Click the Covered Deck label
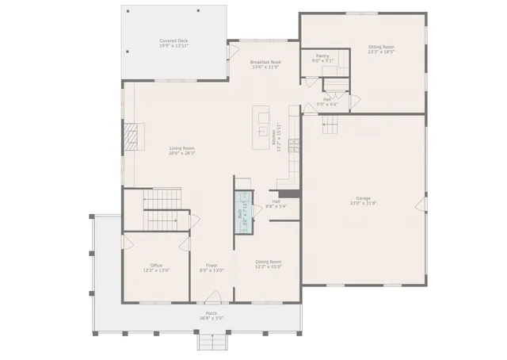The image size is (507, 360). click(x=173, y=40)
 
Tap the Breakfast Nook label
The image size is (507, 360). click(x=265, y=62)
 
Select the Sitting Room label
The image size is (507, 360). click(x=381, y=47)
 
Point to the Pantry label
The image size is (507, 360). click(x=322, y=56)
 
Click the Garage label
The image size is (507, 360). click(x=364, y=198)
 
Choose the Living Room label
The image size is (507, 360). click(x=182, y=148)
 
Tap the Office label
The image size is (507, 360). click(x=156, y=266)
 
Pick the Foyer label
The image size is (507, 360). click(x=212, y=266)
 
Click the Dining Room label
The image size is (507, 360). click(x=268, y=262)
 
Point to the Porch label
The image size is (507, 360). click(x=212, y=313)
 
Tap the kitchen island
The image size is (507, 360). click(x=261, y=126)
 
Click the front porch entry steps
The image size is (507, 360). click(x=212, y=342)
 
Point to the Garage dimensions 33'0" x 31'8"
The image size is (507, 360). click(x=364, y=204)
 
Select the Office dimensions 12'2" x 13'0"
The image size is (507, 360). click(x=156, y=271)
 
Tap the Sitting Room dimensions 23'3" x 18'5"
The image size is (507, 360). click(x=381, y=52)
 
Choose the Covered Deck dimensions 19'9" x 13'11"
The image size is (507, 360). click(x=173, y=46)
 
